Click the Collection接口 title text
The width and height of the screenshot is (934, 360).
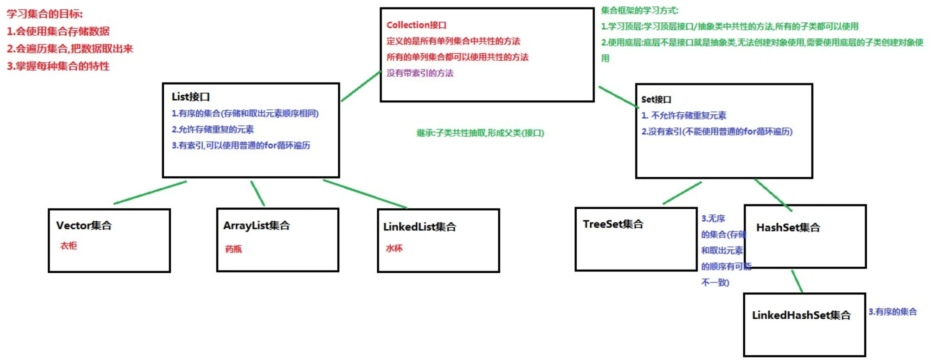tap(416, 25)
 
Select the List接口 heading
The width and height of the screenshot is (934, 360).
tap(191, 96)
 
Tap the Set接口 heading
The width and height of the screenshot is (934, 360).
tap(656, 99)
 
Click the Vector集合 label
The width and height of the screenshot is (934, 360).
tap(84, 225)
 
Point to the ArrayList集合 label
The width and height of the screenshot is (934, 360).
tap(257, 225)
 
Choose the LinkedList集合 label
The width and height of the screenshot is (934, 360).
tap(420, 227)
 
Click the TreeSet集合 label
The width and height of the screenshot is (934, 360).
tap(613, 224)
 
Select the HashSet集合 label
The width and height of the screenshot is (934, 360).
tap(788, 227)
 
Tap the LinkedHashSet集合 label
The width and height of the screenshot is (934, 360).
tap(801, 315)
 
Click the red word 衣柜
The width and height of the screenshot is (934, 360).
tap(69, 245)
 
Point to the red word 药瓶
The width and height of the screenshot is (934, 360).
tap(233, 249)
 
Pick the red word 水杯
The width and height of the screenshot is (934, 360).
tap(394, 248)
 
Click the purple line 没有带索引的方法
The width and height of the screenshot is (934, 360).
tap(420, 73)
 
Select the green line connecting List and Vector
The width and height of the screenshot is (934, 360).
tap(150, 193)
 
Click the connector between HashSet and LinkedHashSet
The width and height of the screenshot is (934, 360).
tap(797, 281)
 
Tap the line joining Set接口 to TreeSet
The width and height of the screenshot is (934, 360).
tap(682, 193)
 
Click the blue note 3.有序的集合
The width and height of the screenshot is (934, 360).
tap(893, 312)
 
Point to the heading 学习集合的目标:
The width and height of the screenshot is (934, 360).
tap(45, 14)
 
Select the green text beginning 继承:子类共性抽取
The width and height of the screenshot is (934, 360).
tap(480, 133)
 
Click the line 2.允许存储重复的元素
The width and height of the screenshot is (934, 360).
tap(213, 129)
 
